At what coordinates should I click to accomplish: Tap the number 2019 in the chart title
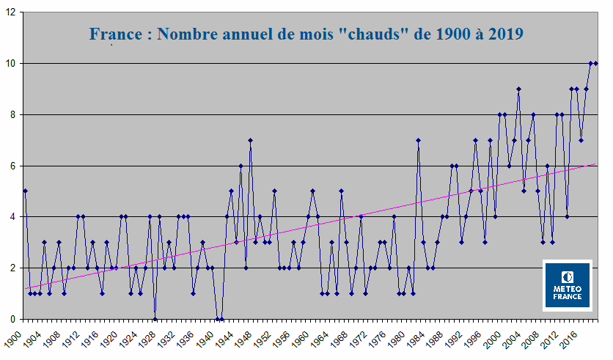(498, 34)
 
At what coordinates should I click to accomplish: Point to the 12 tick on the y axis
(10, 12)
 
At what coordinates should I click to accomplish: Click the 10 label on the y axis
(10, 64)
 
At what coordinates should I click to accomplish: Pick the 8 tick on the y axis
(13, 114)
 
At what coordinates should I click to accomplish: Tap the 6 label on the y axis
(13, 166)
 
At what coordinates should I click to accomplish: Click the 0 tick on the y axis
(13, 319)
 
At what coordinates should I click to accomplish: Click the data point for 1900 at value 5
(25, 191)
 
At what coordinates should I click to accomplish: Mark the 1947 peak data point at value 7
(250, 140)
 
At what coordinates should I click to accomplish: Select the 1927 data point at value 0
(155, 319)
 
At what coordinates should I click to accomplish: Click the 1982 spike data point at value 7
(418, 140)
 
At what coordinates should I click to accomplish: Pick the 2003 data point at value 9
(518, 89)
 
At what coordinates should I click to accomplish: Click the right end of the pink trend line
(595, 164)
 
